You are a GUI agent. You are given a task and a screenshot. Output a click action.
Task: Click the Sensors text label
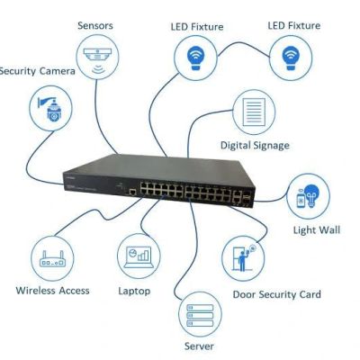pos(95,25)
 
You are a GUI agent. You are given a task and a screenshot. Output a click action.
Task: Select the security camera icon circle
pos(52,110)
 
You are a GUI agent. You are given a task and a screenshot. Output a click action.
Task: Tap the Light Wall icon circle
pos(309,199)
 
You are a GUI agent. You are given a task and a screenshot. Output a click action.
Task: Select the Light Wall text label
pos(317,230)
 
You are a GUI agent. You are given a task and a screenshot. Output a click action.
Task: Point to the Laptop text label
pos(134,291)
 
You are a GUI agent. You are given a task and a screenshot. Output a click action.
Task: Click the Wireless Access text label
pos(52,291)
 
